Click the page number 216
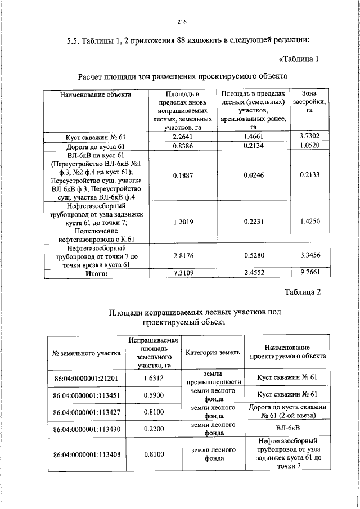click(181, 22)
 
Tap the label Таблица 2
click(302, 292)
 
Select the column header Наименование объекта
click(96, 94)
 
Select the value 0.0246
click(254, 175)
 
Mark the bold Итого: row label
click(96, 274)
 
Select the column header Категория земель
click(213, 352)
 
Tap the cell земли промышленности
click(213, 377)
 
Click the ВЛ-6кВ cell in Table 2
click(287, 429)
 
